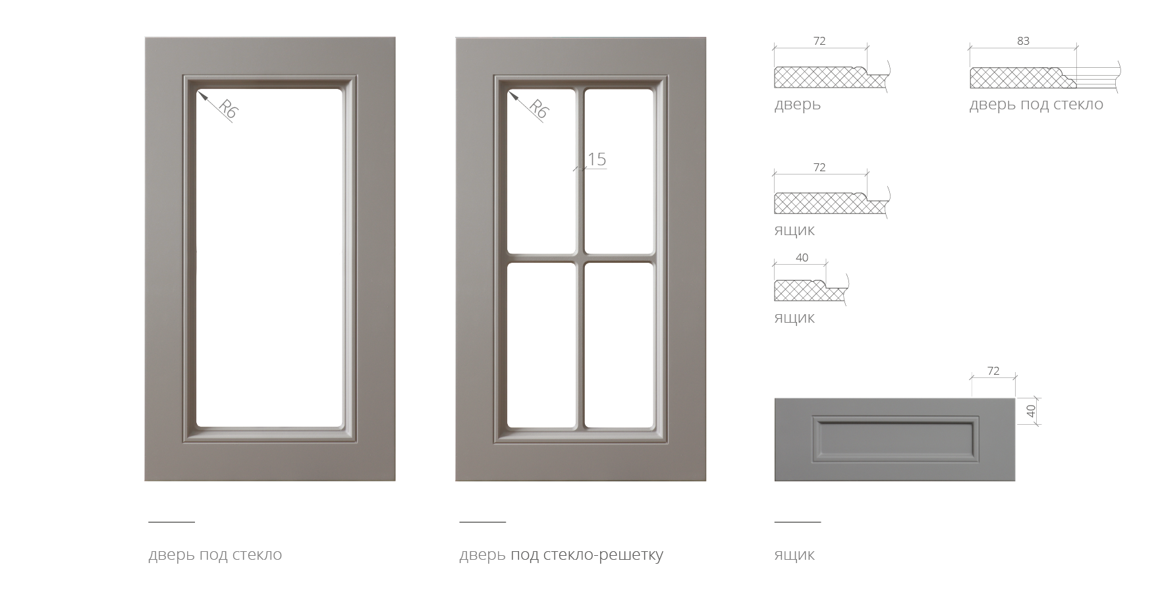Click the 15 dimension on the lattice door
click(x=596, y=159)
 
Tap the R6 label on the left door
click(x=227, y=109)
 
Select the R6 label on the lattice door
click(x=537, y=109)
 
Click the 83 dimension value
click(x=1022, y=41)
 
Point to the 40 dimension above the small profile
click(x=802, y=257)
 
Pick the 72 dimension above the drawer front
click(x=993, y=371)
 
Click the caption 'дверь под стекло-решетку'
click(x=561, y=555)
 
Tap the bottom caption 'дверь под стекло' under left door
click(x=215, y=555)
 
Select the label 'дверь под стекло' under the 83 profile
click(x=1035, y=105)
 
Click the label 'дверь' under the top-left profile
click(x=797, y=105)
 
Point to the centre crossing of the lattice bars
click(x=580, y=257)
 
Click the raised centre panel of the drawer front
click(x=895, y=439)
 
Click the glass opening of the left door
click(x=269, y=257)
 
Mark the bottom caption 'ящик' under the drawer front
click(x=794, y=555)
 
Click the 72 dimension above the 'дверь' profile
click(x=819, y=41)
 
